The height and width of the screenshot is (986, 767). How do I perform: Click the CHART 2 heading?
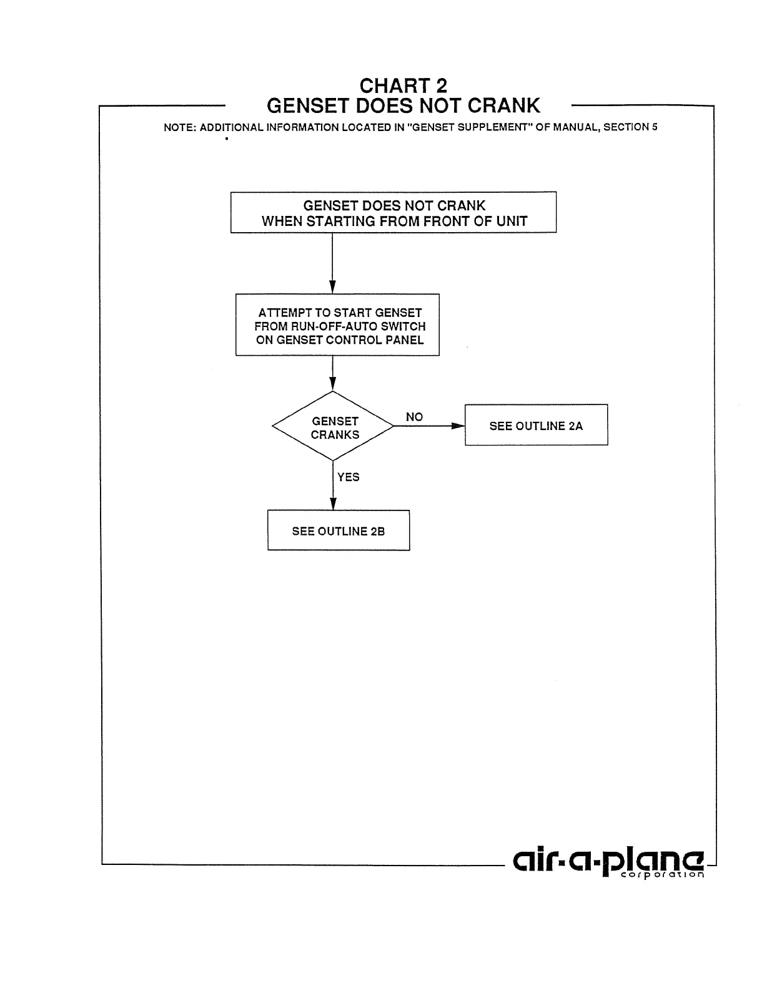click(x=403, y=85)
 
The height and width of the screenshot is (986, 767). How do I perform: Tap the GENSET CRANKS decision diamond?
click(x=334, y=427)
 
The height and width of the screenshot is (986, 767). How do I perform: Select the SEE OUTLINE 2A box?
click(x=536, y=426)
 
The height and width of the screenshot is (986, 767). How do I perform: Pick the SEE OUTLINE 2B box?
click(x=339, y=531)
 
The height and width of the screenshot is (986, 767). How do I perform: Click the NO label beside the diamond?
click(x=414, y=417)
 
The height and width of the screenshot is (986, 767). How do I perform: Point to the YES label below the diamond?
click(x=349, y=477)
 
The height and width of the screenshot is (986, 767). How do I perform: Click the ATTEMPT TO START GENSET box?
click(x=337, y=325)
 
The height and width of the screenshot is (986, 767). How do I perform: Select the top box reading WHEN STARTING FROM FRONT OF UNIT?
click(x=393, y=213)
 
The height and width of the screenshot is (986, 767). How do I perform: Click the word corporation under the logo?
click(x=662, y=875)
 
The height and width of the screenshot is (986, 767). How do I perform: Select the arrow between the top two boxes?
click(x=332, y=263)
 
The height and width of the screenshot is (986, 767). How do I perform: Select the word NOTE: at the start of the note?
click(x=180, y=127)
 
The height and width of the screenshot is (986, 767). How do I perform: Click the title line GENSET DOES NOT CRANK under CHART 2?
click(x=403, y=105)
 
